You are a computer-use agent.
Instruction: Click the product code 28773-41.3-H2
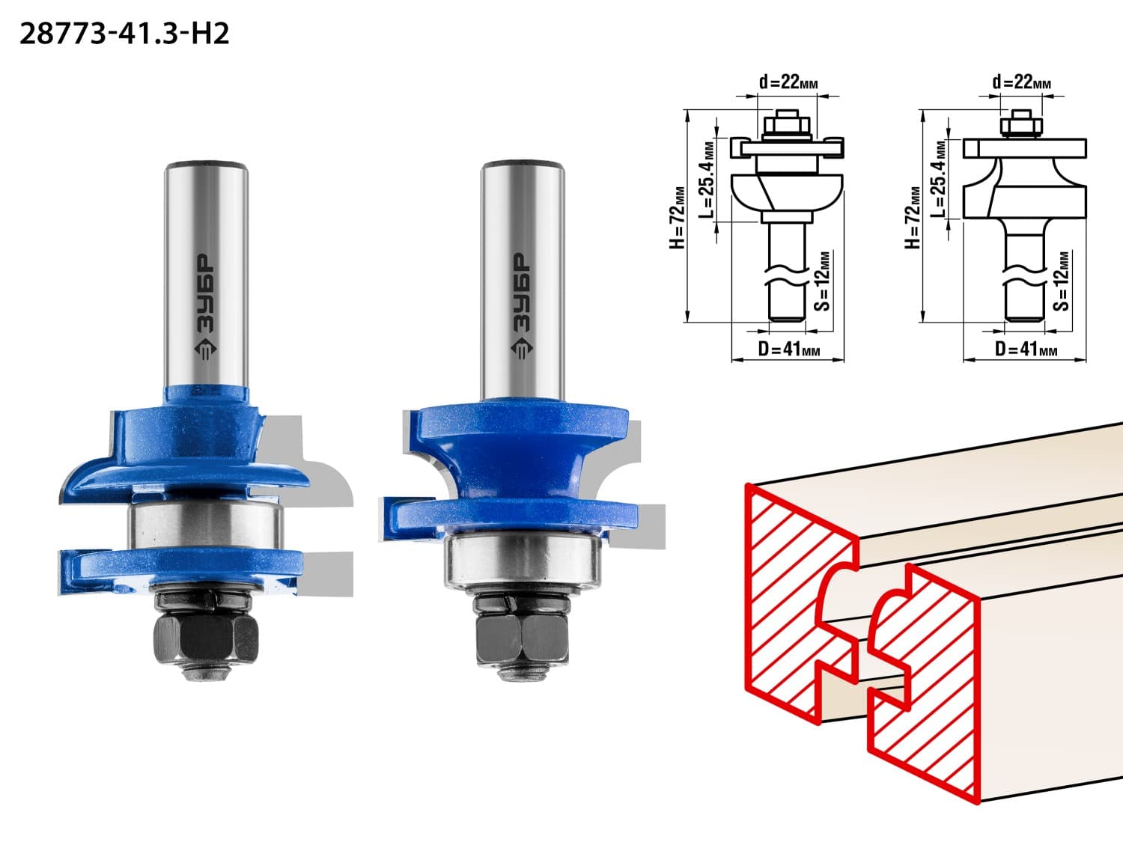[x=124, y=34]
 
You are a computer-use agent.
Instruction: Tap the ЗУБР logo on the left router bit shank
[x=206, y=307]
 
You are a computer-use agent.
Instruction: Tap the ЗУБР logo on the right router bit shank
[x=521, y=306]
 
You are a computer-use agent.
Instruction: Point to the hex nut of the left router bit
[x=206, y=640]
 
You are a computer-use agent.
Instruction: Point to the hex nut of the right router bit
[x=522, y=640]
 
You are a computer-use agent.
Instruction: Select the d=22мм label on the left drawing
[x=788, y=82]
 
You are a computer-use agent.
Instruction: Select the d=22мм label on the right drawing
[x=1022, y=82]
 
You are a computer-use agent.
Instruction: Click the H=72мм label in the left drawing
[x=677, y=218]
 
